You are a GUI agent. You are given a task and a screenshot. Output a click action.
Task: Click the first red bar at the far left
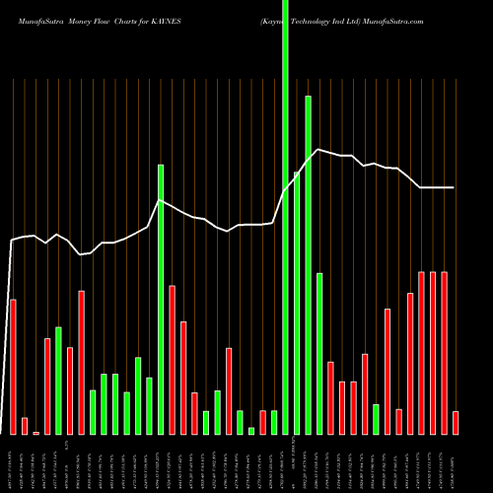coord(13,366)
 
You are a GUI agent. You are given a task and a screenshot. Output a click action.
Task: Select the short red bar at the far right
coord(456,422)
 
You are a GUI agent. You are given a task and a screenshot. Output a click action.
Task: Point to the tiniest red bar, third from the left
coord(35,433)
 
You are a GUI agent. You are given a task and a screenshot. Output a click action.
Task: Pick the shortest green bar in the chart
coord(251,431)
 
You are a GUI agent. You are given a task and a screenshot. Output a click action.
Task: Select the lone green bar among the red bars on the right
coord(376,419)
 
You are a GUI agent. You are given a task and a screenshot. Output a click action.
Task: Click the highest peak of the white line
coord(317,149)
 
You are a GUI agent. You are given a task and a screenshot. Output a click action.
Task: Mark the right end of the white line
coord(455,187)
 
